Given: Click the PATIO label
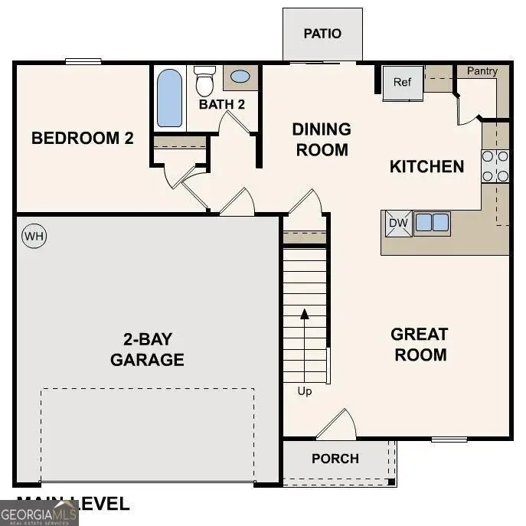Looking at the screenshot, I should click(322, 34).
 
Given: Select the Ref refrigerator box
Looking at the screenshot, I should click(403, 82).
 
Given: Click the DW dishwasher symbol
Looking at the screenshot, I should click(397, 223).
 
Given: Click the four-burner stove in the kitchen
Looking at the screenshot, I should click(495, 166).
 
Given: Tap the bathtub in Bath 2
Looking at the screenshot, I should click(170, 98).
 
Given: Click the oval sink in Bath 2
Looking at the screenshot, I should click(240, 77).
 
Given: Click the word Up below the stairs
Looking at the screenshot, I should click(305, 391).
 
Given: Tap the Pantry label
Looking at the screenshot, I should click(482, 71).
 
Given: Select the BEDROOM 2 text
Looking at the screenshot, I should click(83, 139).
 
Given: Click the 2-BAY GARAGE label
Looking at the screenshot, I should click(147, 349).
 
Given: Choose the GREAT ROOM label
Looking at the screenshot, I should click(420, 345).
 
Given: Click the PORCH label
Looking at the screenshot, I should click(335, 459).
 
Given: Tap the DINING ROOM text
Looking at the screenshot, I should click(322, 139).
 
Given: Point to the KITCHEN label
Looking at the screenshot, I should click(426, 166).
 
